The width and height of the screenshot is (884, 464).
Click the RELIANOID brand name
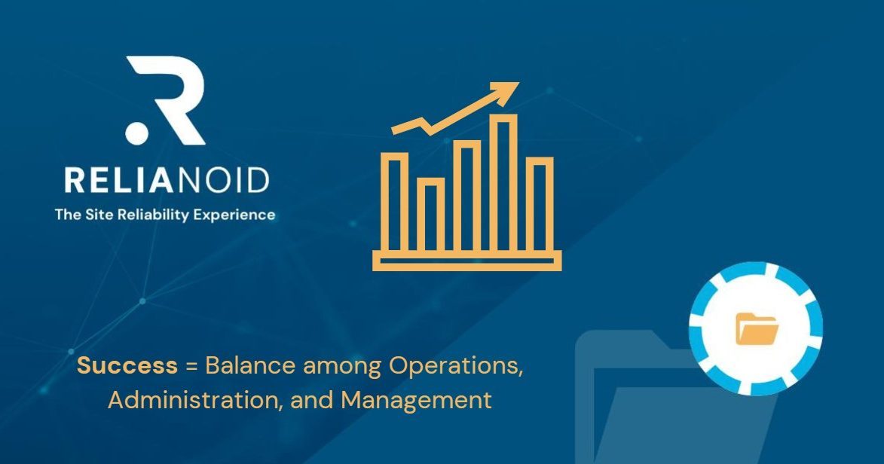tap(167, 182)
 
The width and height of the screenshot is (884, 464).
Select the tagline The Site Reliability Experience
tap(165, 215)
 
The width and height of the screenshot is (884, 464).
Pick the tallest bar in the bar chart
tap(503, 182)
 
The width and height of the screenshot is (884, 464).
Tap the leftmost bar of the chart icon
tap(395, 200)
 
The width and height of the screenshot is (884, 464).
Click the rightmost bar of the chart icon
tap(539, 203)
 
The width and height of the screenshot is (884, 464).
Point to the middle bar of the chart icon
tap(466, 194)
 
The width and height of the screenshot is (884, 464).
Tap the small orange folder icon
tap(757, 329)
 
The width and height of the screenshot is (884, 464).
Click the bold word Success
tap(127, 367)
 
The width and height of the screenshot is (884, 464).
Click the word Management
tap(416, 400)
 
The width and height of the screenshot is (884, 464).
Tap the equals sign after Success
tap(191, 368)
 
